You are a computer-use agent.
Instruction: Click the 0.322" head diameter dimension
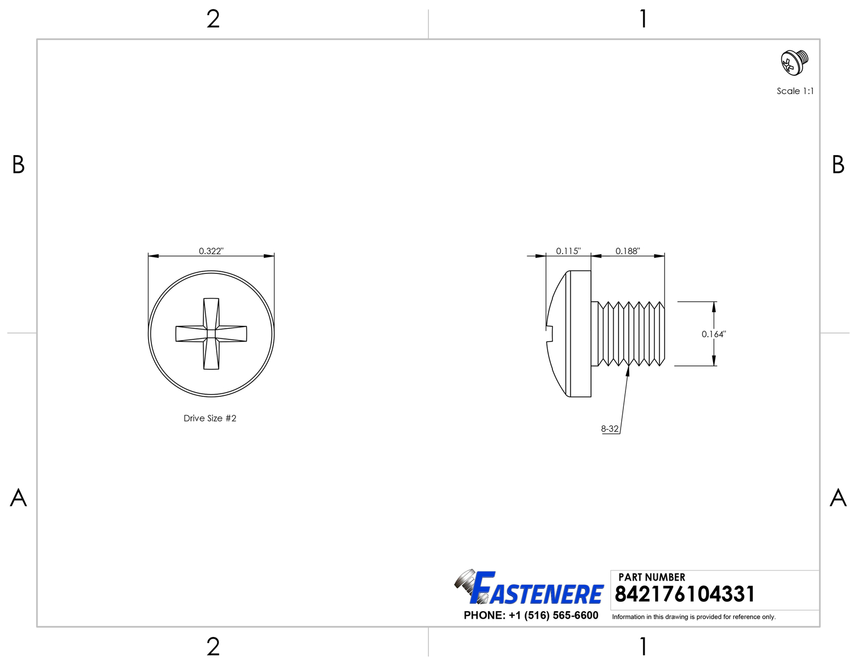point(211,251)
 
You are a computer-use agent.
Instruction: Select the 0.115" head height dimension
point(568,251)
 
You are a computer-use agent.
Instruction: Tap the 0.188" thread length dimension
point(628,251)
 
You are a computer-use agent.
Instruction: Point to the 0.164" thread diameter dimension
point(714,334)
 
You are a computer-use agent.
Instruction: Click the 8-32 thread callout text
point(610,429)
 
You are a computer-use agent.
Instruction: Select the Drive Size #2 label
point(210,418)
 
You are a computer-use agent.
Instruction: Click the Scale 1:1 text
point(795,91)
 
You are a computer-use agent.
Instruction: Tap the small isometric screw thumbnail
point(795,62)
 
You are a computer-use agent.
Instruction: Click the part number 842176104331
point(685,594)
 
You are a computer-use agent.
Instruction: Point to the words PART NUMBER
point(652,577)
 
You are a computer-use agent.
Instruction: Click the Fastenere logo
point(529,589)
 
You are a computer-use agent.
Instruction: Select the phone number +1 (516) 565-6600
point(531,615)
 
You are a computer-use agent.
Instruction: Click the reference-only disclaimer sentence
point(694,617)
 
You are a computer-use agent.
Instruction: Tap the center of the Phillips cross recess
point(212,334)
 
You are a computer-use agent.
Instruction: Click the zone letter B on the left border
point(18,165)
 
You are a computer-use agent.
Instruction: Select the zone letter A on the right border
point(838,498)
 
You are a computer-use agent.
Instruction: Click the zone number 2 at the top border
point(213,20)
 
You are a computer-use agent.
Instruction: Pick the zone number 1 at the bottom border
point(643,647)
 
